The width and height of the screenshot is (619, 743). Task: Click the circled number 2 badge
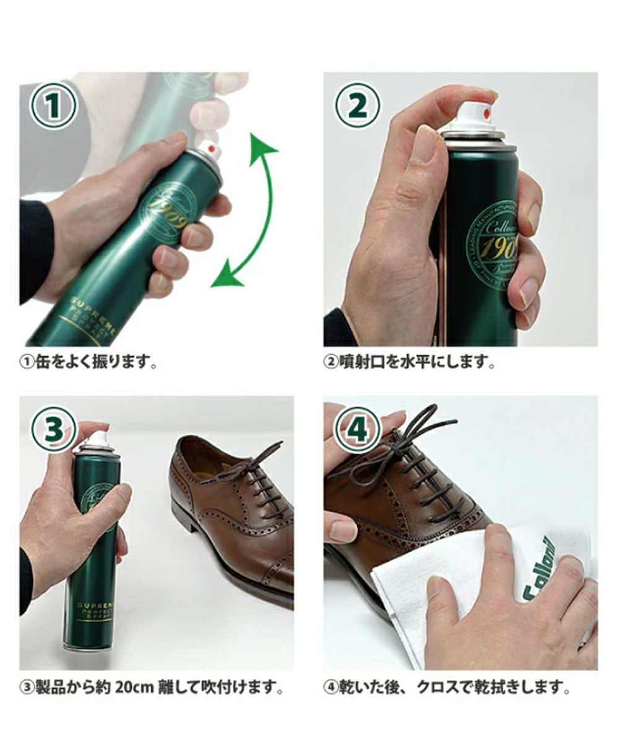[x=357, y=106]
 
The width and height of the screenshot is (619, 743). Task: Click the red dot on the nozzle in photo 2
[x=486, y=113]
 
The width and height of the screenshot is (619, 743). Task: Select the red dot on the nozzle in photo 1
[x=212, y=149]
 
